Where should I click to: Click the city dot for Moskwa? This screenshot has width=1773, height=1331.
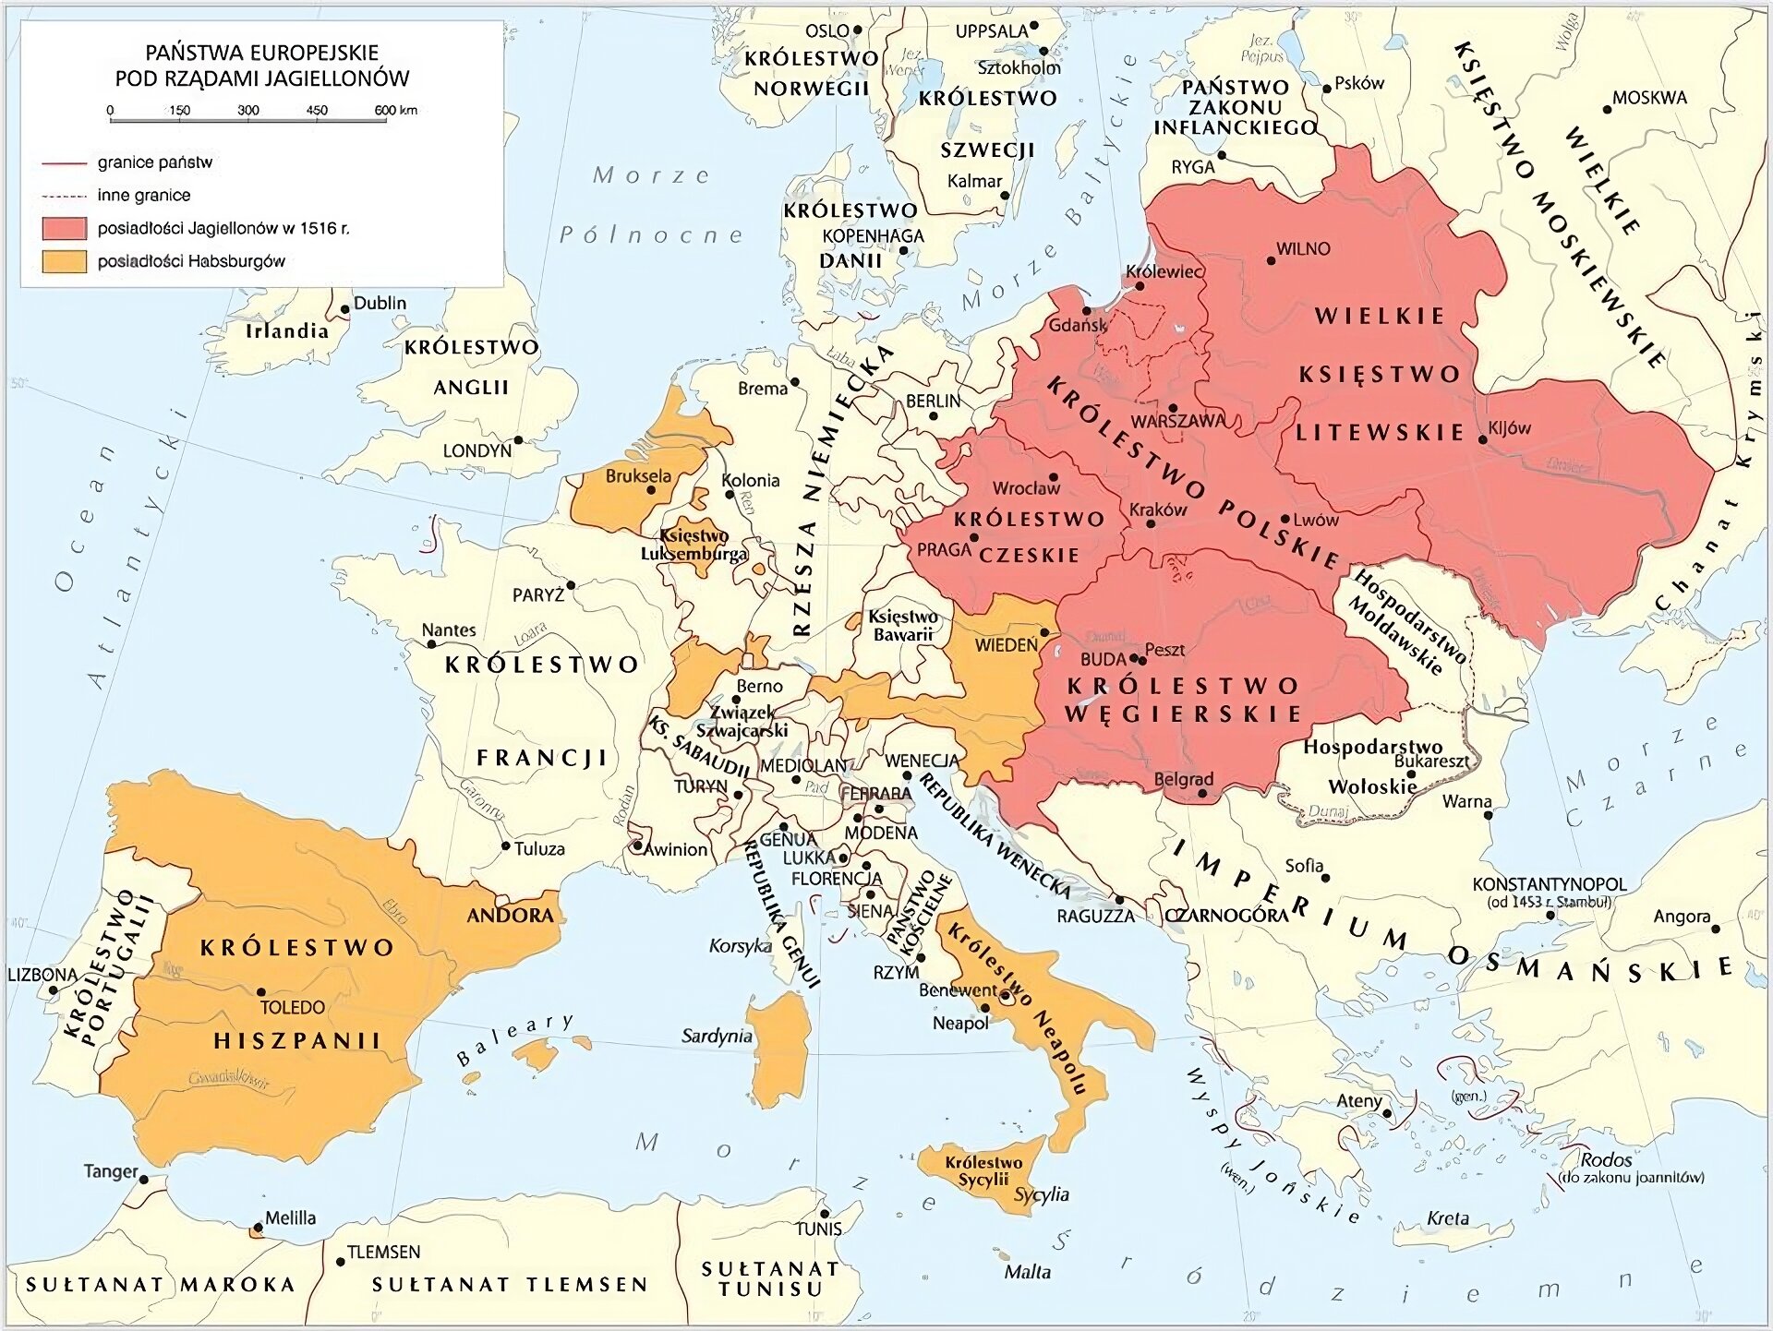(1607, 109)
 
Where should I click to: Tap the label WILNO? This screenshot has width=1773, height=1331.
(1303, 248)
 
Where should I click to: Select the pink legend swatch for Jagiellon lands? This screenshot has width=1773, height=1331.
(65, 228)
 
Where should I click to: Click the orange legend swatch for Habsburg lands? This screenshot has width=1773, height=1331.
(65, 261)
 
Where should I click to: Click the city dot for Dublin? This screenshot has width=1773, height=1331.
(345, 309)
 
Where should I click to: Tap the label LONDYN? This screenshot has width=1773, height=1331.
(476, 450)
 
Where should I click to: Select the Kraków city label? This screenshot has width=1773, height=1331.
(1158, 510)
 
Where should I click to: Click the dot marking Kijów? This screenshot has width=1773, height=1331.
(1483, 439)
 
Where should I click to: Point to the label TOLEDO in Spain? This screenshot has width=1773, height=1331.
(292, 1007)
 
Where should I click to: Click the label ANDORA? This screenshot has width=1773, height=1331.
(510, 916)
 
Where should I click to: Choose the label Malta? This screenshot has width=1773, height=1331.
(1027, 1272)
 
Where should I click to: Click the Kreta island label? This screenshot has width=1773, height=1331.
(1447, 1218)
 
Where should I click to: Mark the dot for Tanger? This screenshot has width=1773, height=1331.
(144, 1179)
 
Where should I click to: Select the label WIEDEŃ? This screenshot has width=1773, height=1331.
(1006, 645)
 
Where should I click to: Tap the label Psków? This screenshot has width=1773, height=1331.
(1359, 83)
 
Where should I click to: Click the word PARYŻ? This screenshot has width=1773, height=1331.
(537, 595)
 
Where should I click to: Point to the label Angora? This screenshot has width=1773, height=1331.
(1681, 917)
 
